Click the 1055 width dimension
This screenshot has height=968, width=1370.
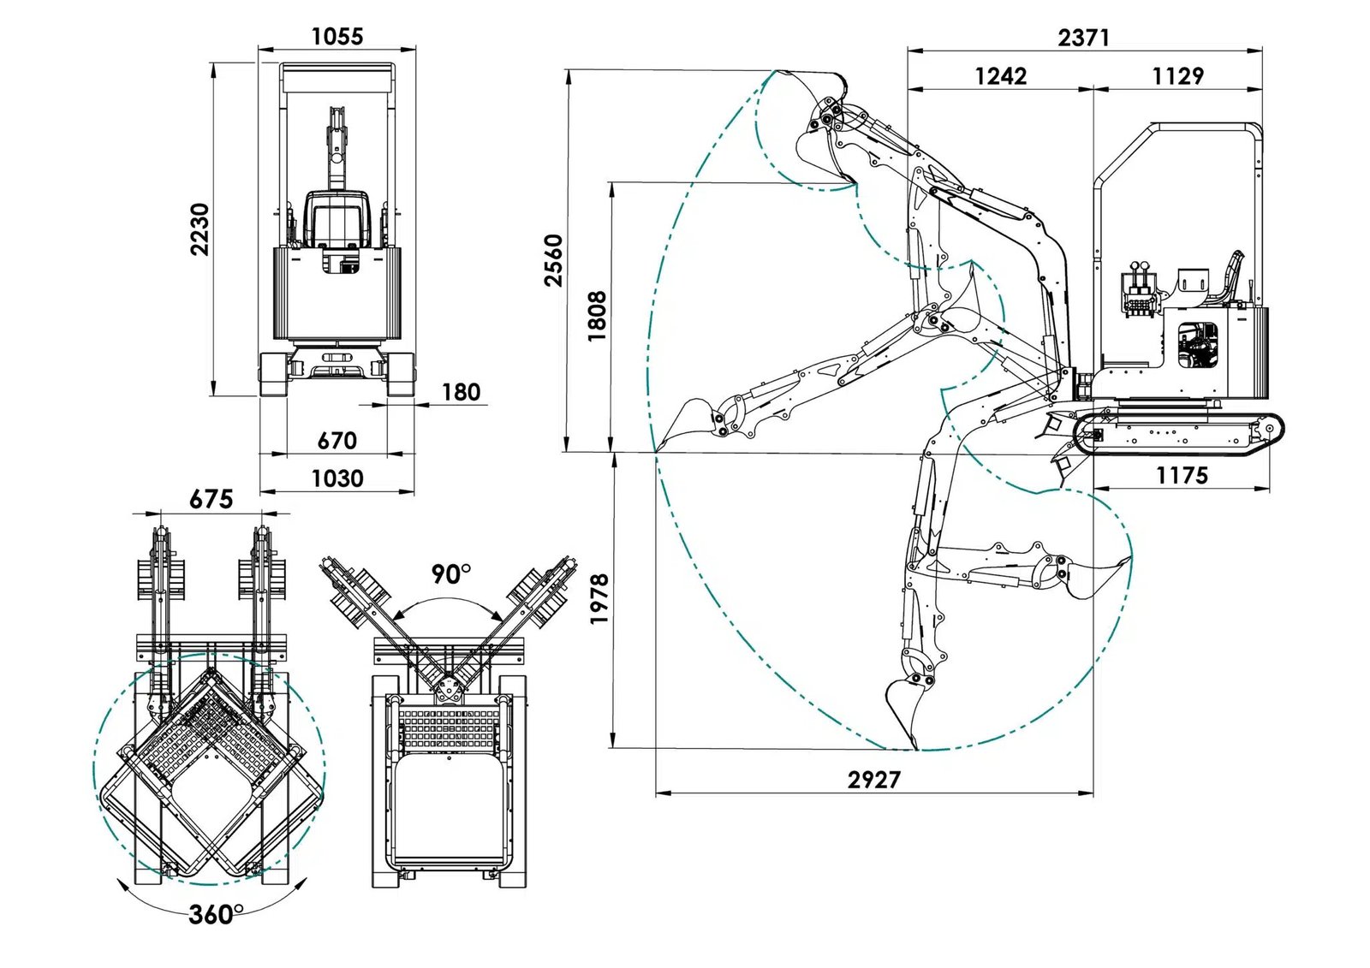(x=337, y=36)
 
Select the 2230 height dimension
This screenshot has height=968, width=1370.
(x=200, y=229)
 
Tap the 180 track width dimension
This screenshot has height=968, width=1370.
(x=461, y=392)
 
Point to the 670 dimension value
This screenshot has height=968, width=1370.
(x=337, y=440)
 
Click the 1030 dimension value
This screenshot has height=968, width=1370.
(x=337, y=478)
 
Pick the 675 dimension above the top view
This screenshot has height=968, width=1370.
(x=211, y=499)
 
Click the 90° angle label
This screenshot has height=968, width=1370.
(x=450, y=573)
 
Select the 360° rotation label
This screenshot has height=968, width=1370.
(x=216, y=914)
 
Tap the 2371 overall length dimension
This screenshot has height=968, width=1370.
(x=1083, y=38)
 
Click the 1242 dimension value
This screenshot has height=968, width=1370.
(x=1000, y=76)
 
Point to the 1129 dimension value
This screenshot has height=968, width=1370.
(x=1177, y=76)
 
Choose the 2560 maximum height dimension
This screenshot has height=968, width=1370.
(x=554, y=259)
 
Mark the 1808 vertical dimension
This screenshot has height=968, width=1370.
(x=598, y=316)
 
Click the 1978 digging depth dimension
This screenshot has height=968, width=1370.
(x=599, y=598)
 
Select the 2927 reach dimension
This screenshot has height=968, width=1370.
(x=874, y=779)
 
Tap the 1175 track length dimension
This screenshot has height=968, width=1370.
(x=1182, y=475)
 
